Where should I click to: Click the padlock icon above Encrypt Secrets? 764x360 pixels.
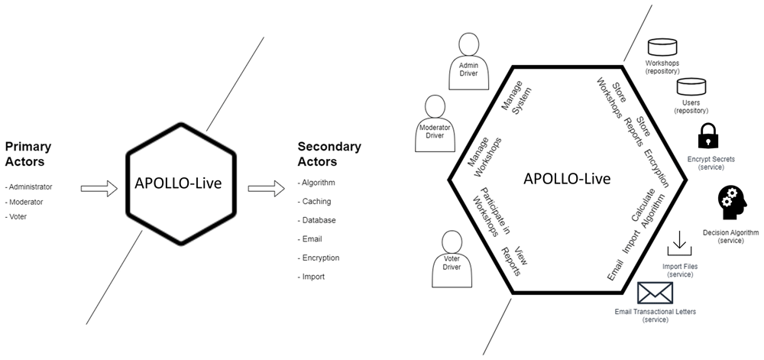[x=708, y=135]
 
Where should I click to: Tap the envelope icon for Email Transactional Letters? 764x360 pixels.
[x=655, y=294]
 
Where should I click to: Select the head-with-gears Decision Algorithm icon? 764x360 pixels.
[x=733, y=203]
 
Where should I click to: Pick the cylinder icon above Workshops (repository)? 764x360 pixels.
[x=662, y=47]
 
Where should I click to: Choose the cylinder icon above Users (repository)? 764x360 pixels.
[x=691, y=86]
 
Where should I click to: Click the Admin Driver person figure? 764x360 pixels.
[x=469, y=61]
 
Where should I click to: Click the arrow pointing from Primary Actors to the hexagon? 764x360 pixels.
[x=99, y=188]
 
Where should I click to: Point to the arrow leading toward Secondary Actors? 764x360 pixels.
[x=266, y=188]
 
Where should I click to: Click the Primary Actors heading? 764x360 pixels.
[x=28, y=154]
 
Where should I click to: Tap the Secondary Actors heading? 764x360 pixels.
[x=329, y=154]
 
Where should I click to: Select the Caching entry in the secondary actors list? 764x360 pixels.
[x=314, y=201]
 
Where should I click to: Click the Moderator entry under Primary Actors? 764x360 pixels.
[x=24, y=202]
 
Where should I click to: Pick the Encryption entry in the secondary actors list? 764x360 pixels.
[x=319, y=258]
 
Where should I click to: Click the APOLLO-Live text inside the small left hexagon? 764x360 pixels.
[x=178, y=183]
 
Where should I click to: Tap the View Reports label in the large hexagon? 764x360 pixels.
[x=514, y=260]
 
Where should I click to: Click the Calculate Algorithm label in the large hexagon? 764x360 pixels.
[x=648, y=210]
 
